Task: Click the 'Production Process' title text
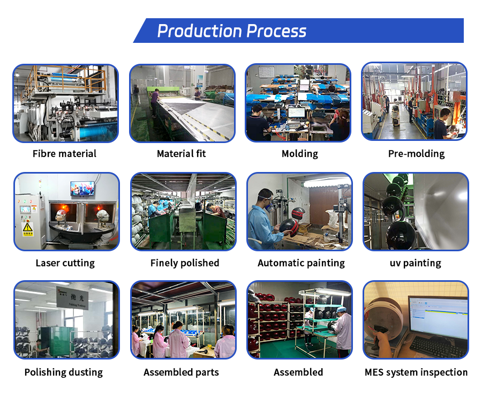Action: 231,31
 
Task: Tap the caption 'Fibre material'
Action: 64,154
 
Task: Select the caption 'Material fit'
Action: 181,154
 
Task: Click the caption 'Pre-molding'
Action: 416,154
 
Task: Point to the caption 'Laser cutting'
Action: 65,263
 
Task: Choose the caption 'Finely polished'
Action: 185,263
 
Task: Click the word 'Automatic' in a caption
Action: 278,263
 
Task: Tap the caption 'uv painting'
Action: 415,263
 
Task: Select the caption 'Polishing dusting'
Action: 64,372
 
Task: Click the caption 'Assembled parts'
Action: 181,372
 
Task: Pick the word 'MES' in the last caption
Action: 376,372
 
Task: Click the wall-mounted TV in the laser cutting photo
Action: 82,188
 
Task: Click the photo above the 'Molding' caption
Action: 298,103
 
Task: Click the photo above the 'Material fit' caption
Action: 182,103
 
